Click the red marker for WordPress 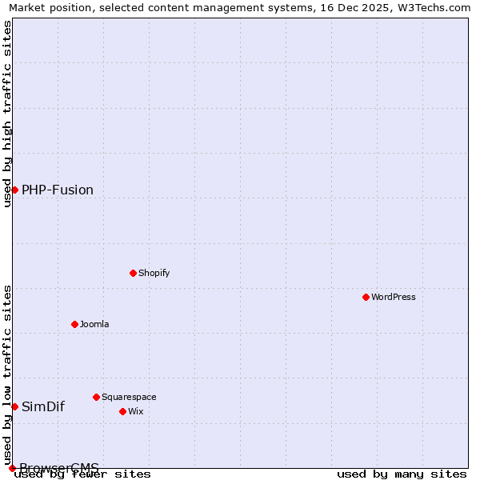(366, 297)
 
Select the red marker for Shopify (133, 273)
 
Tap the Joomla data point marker (74, 324)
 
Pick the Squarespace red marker (96, 397)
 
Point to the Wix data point (122, 411)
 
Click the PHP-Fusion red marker (14, 190)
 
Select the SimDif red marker (14, 406)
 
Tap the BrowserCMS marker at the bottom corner (12, 468)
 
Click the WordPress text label (394, 297)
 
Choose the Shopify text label (154, 273)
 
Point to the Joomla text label (94, 324)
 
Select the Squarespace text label (129, 397)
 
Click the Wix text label (136, 411)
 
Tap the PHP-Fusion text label (58, 190)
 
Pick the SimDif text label (43, 406)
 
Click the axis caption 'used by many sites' (402, 474)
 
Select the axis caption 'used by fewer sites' (83, 474)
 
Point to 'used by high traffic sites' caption (8, 114)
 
